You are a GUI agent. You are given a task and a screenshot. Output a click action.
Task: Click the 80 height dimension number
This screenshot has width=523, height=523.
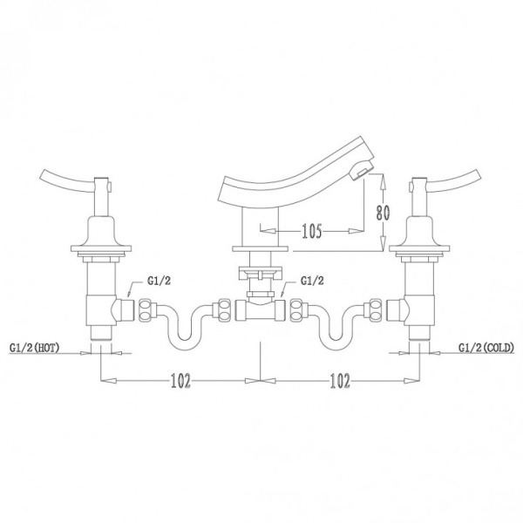point(383,214)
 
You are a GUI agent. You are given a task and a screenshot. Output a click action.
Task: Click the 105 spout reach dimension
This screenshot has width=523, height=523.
point(312,231)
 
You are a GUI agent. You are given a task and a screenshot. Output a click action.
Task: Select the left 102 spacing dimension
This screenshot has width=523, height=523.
point(180,381)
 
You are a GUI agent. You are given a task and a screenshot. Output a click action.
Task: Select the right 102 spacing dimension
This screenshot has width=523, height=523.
point(340,381)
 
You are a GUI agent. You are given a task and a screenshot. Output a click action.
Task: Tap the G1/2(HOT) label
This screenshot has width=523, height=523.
point(35,348)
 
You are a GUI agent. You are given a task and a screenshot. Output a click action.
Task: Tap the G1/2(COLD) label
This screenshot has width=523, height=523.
point(486,348)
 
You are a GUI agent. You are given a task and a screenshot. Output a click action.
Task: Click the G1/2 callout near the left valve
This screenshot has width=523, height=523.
point(159,281)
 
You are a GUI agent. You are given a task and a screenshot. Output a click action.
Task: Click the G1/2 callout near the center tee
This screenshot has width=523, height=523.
point(312,281)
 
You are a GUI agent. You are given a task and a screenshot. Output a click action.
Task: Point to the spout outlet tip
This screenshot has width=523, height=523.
point(360,173)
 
